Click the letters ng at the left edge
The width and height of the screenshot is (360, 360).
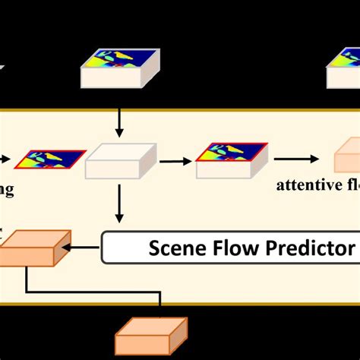click(x=6, y=191)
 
